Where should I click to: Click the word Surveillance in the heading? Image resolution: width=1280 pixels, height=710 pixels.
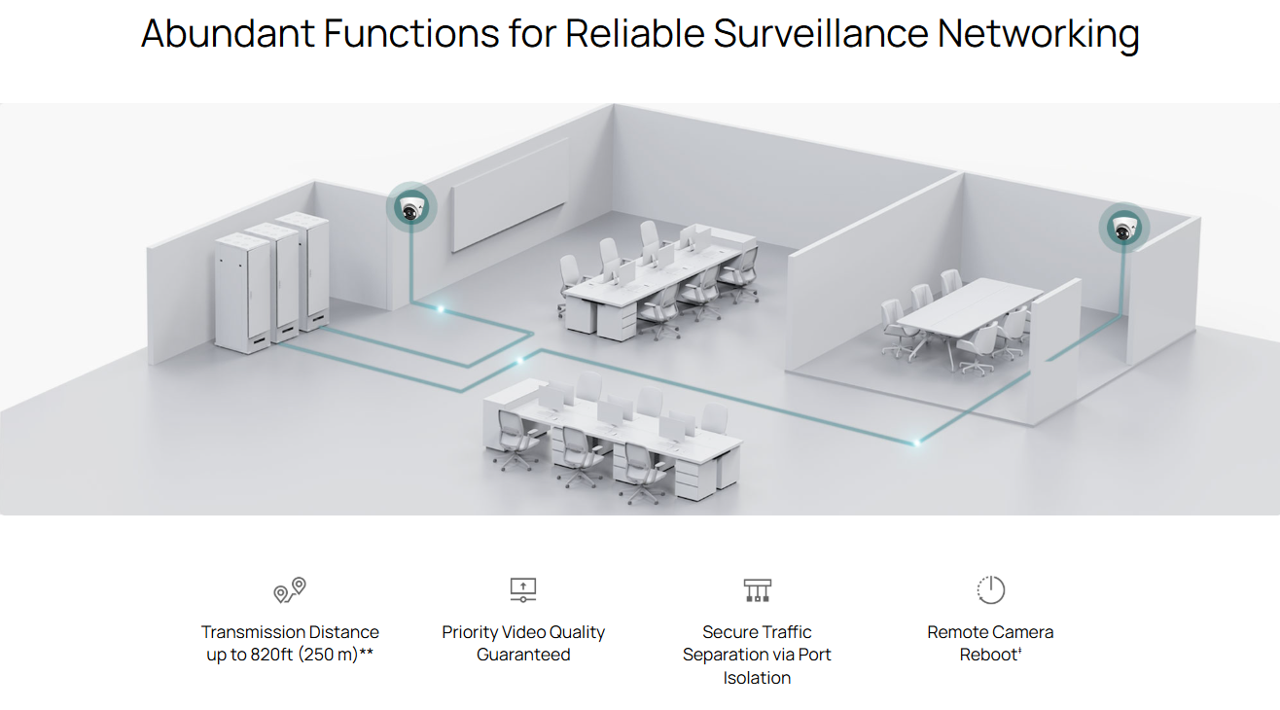(821, 33)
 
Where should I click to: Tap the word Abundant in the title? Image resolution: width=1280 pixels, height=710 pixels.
(228, 33)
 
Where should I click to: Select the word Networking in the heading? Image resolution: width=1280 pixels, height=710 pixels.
(1038, 34)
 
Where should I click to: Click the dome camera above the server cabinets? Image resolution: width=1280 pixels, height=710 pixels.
(411, 208)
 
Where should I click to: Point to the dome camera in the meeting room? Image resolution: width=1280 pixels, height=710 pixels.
(1124, 228)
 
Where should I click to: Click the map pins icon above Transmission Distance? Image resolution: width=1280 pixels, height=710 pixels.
(290, 590)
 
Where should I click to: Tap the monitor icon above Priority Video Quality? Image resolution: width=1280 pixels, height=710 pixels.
(523, 590)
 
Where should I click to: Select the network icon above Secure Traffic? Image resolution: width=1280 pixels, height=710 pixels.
(757, 590)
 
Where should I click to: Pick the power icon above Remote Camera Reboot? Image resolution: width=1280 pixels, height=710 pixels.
(990, 589)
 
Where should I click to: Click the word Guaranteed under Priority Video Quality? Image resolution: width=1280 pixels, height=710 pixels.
(523, 654)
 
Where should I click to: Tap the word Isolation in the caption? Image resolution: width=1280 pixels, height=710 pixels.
(757, 678)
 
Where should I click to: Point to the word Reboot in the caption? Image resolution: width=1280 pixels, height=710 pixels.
(988, 654)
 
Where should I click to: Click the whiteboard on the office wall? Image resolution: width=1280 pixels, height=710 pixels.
(510, 194)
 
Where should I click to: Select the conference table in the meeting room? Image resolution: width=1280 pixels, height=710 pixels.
(970, 308)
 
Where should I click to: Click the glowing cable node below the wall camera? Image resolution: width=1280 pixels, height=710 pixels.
(440, 309)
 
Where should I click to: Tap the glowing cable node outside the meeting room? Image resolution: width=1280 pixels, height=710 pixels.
(916, 443)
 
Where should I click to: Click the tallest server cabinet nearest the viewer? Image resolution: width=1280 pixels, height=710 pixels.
(243, 293)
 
